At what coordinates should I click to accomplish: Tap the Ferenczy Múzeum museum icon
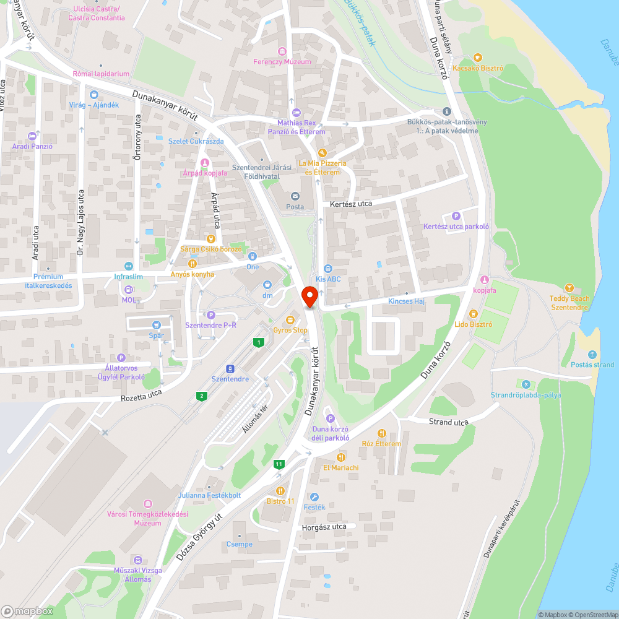point(282,51)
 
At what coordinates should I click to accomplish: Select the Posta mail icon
point(295,196)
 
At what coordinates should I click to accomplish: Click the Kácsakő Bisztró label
point(478,68)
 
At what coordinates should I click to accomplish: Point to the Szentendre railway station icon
point(230,368)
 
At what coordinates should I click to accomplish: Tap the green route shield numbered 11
point(280,464)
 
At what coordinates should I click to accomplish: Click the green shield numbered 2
point(201,396)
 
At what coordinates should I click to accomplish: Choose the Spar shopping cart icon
point(157,324)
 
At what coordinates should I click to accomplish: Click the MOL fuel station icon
point(129,290)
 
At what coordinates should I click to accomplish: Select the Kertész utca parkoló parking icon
point(456,216)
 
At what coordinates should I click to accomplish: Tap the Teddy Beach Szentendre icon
point(569,288)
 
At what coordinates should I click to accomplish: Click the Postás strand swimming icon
point(592,354)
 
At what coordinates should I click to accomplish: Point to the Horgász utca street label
point(323,527)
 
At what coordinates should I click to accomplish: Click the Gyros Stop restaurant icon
point(290,319)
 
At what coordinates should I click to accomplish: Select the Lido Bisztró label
point(473,324)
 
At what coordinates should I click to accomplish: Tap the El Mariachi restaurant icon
point(340,457)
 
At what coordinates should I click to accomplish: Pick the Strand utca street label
point(449,422)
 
